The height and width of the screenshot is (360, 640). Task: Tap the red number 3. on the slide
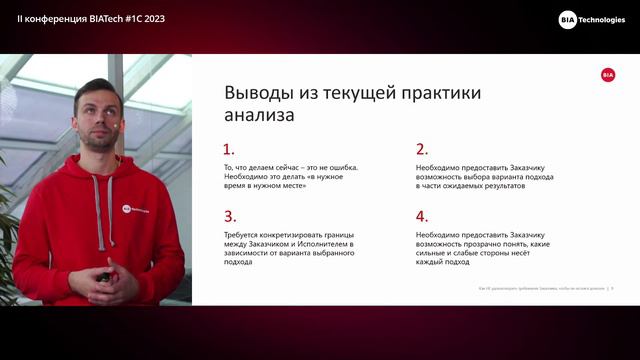(x=229, y=216)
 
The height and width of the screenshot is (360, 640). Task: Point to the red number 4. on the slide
(x=421, y=216)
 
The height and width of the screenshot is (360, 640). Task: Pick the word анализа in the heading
(x=259, y=116)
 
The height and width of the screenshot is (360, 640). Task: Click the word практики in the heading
(x=440, y=93)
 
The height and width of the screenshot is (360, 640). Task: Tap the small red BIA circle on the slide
(x=608, y=75)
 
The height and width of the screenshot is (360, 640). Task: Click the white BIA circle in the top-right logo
(x=567, y=19)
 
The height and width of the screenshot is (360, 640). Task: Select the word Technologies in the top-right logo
(x=603, y=19)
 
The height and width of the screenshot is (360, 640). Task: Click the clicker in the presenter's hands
(x=104, y=277)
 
